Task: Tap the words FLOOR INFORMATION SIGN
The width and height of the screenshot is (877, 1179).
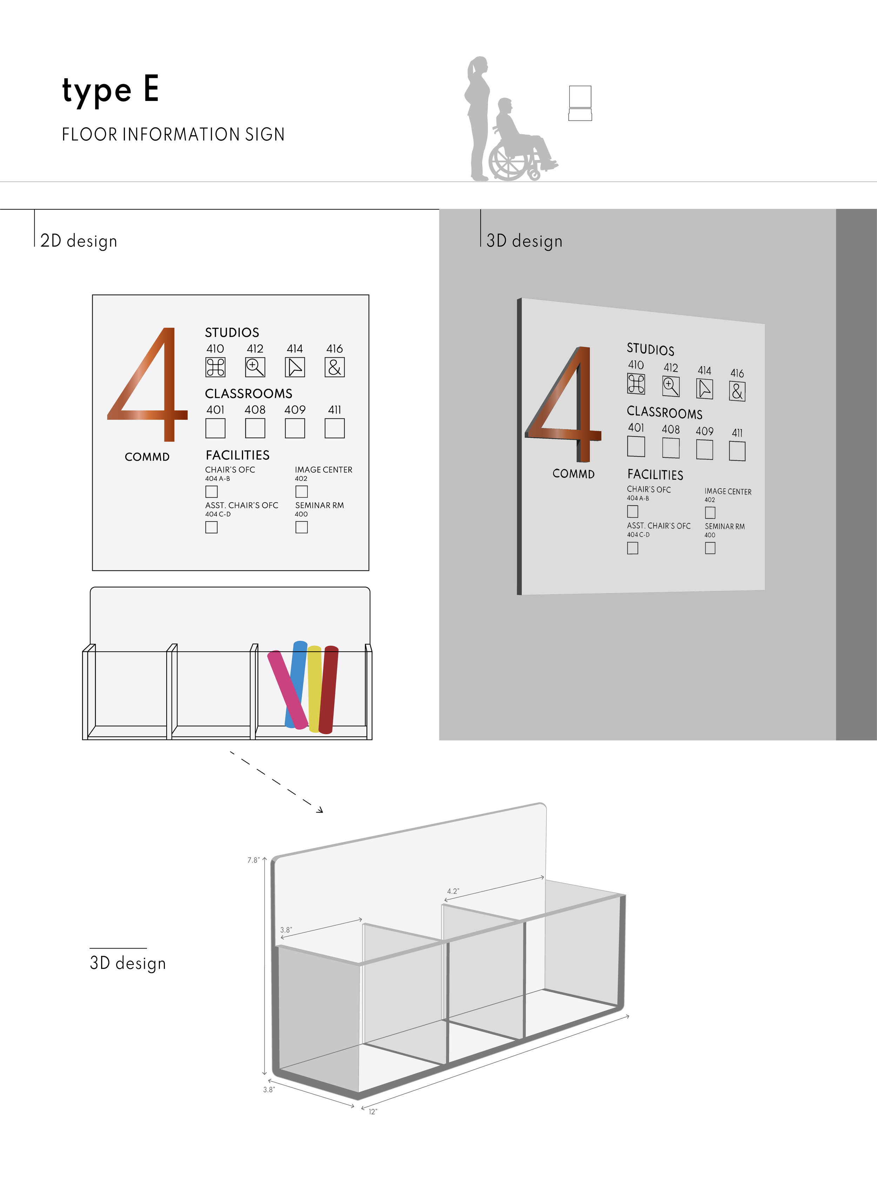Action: click(173, 134)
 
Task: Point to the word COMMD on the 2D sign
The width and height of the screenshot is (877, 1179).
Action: click(147, 457)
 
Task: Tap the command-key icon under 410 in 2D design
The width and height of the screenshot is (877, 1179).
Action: click(215, 367)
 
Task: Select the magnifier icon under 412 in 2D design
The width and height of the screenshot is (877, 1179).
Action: click(255, 367)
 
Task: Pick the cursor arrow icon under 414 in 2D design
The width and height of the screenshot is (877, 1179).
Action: click(295, 367)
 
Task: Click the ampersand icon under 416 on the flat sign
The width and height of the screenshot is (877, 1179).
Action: click(334, 367)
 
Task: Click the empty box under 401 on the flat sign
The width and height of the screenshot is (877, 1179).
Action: click(215, 428)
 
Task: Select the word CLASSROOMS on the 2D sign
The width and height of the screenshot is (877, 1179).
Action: click(248, 394)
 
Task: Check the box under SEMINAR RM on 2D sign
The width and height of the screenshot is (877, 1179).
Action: click(302, 527)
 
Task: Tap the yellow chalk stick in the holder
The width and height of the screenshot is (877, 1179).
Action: click(314, 689)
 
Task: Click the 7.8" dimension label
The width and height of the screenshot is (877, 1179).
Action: click(253, 860)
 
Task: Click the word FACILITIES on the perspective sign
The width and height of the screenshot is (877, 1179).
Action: click(655, 474)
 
